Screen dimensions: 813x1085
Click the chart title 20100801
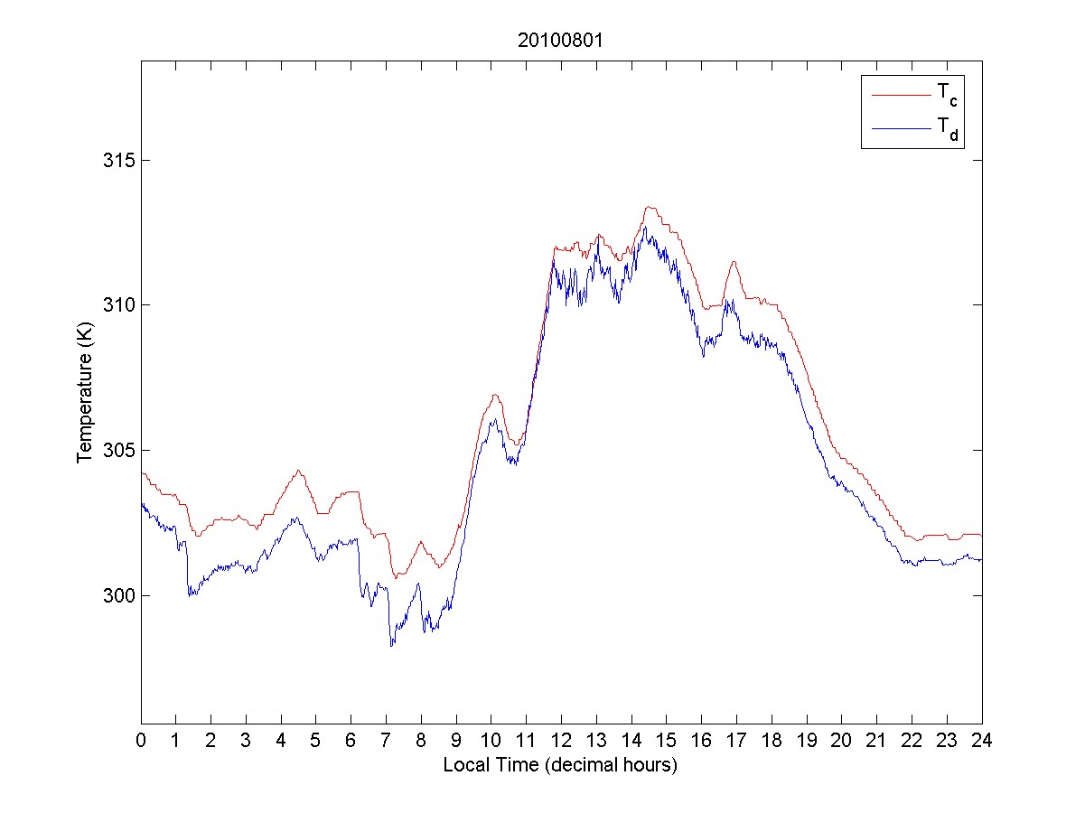[x=560, y=41]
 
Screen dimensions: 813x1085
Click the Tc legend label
[x=947, y=94]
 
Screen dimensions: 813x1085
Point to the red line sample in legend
[x=901, y=94]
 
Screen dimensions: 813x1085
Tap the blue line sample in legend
[x=901, y=130]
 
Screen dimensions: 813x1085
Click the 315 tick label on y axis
[x=117, y=160]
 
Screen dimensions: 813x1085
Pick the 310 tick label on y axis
[x=117, y=305]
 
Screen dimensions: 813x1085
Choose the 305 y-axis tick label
[x=117, y=450]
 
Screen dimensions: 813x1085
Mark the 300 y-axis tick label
[x=117, y=595]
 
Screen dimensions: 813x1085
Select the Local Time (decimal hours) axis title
[x=560, y=765]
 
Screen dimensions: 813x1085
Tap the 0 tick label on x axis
[x=141, y=741]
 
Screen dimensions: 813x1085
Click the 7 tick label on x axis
[x=386, y=741]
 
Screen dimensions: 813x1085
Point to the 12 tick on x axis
[x=561, y=741]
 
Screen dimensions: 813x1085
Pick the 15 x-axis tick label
[x=667, y=741]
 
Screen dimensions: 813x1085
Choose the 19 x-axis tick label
[x=807, y=741]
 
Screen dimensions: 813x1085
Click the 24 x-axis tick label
[x=982, y=741]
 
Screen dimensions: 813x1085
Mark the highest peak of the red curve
[x=650, y=207]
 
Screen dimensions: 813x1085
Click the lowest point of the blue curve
[x=392, y=646]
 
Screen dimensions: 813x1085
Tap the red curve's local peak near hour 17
[x=734, y=261]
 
